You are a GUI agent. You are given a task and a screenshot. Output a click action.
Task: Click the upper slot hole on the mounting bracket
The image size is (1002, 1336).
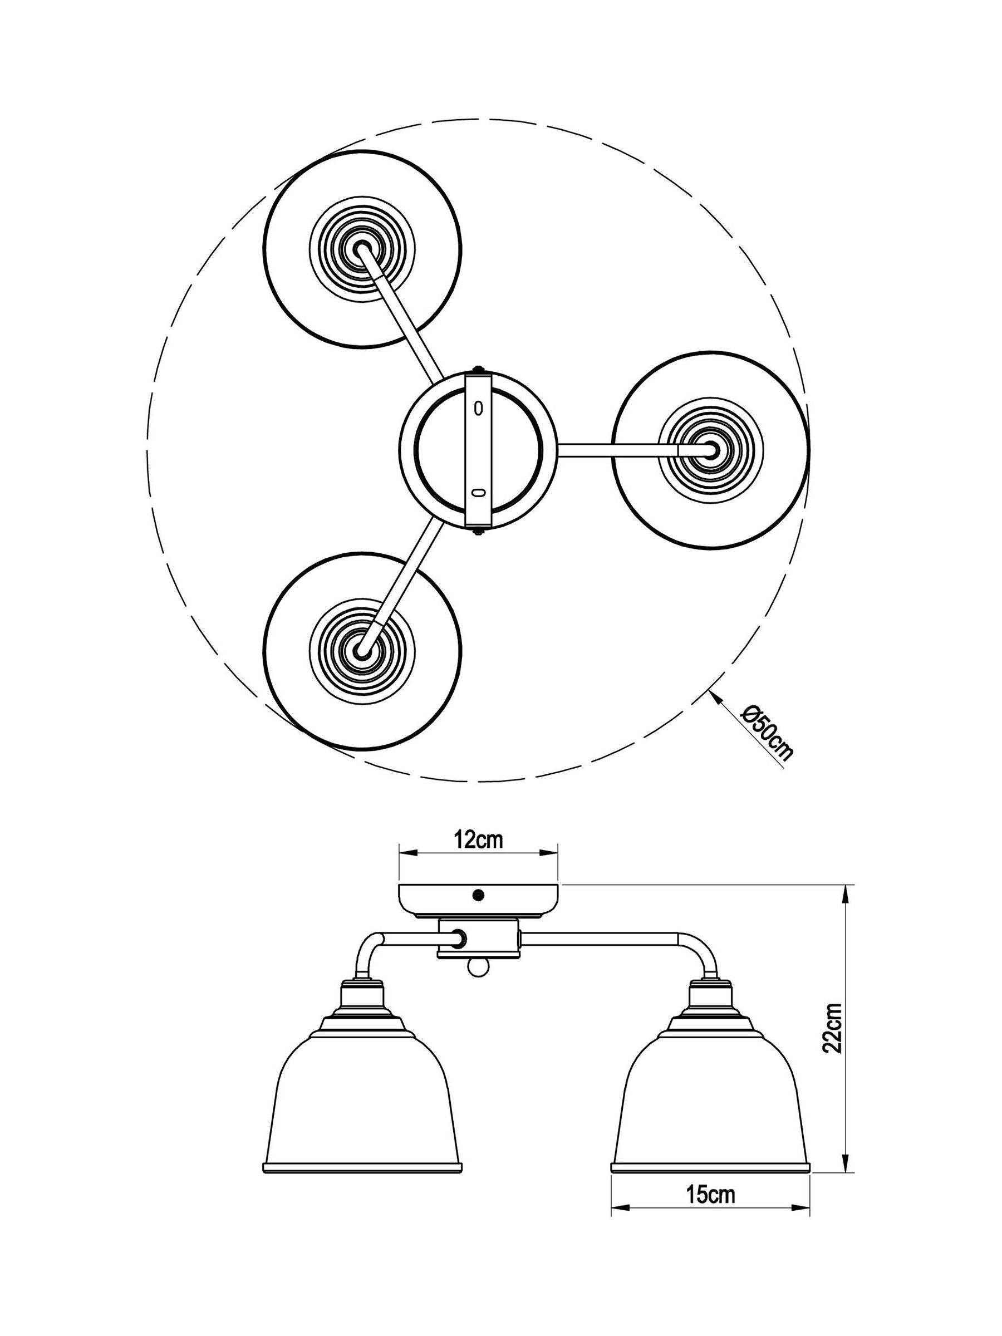479,408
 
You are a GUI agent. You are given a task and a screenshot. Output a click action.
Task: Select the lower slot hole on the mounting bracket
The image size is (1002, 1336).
478,493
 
